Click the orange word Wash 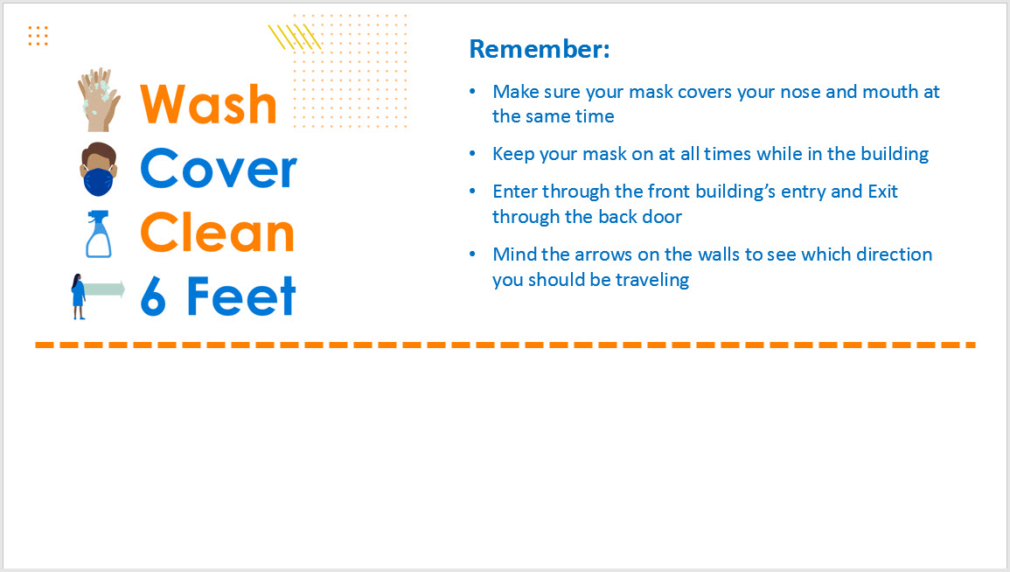[208, 104]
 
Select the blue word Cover [219, 168]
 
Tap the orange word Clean [217, 232]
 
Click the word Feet [240, 296]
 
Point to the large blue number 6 [153, 296]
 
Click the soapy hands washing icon [99, 100]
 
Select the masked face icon [99, 169]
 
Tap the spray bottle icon [99, 234]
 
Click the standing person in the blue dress [78, 296]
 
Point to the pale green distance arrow [104, 289]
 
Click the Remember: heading [540, 49]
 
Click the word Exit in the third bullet [882, 192]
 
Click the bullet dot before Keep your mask [473, 154]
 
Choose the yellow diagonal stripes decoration [295, 37]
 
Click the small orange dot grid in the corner [38, 36]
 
